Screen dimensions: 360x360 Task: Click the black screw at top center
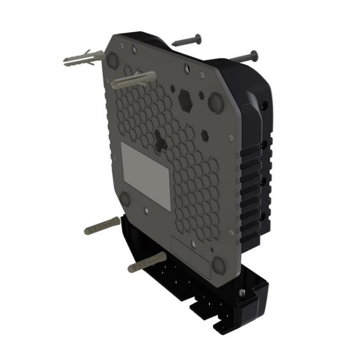186,40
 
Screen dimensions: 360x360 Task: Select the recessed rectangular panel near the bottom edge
190,256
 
